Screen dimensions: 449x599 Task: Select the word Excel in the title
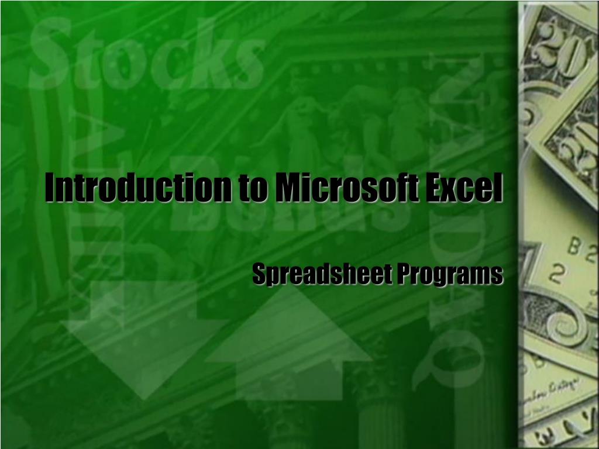(468, 186)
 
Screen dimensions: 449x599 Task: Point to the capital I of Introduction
(50, 186)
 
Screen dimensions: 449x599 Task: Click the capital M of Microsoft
(288, 186)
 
